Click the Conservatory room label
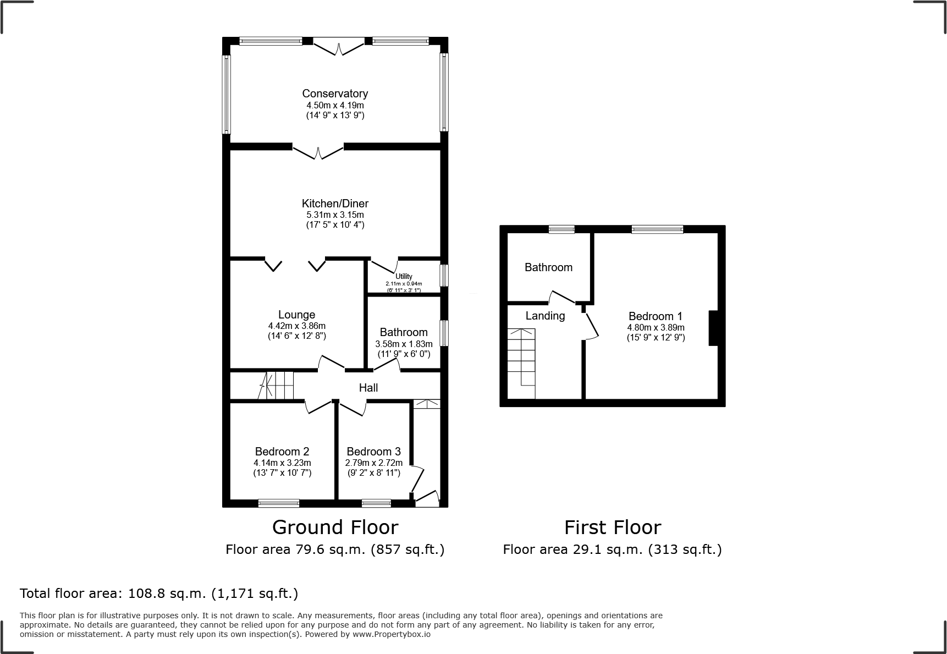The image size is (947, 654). tap(335, 94)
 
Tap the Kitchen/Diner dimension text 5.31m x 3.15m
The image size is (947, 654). tap(335, 215)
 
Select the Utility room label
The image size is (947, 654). tap(404, 276)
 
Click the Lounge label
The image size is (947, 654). tap(296, 315)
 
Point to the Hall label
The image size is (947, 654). tap(368, 388)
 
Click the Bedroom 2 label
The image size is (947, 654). tap(282, 452)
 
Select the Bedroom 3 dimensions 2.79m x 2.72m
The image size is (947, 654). tap(373, 463)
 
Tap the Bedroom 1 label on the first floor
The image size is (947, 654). tap(655, 316)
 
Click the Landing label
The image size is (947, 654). tap(544, 316)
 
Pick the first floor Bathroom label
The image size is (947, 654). tap(548, 267)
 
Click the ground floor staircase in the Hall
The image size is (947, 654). tap(278, 385)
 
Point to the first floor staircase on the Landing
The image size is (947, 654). tap(521, 363)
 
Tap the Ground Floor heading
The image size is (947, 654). tap(335, 527)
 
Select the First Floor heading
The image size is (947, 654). tap(612, 527)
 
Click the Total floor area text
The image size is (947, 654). tap(159, 593)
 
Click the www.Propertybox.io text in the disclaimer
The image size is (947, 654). tap(391, 634)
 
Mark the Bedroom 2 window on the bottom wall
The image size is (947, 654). tap(279, 503)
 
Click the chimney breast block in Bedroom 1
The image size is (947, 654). tap(713, 328)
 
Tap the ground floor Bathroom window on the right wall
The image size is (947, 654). tap(444, 333)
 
